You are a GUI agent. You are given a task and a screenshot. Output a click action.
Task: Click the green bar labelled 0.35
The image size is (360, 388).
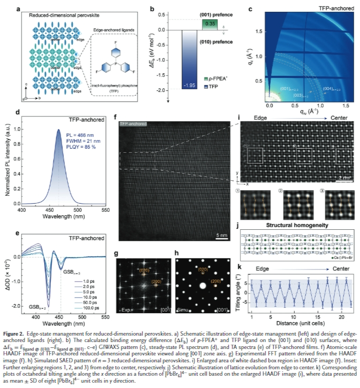(209, 24)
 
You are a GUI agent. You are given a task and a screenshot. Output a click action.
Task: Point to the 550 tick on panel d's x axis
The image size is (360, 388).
(106, 211)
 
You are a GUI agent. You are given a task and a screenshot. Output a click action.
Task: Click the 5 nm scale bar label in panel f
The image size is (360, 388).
(219, 235)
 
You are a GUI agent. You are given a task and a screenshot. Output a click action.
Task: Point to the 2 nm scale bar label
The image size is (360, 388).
(345, 178)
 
